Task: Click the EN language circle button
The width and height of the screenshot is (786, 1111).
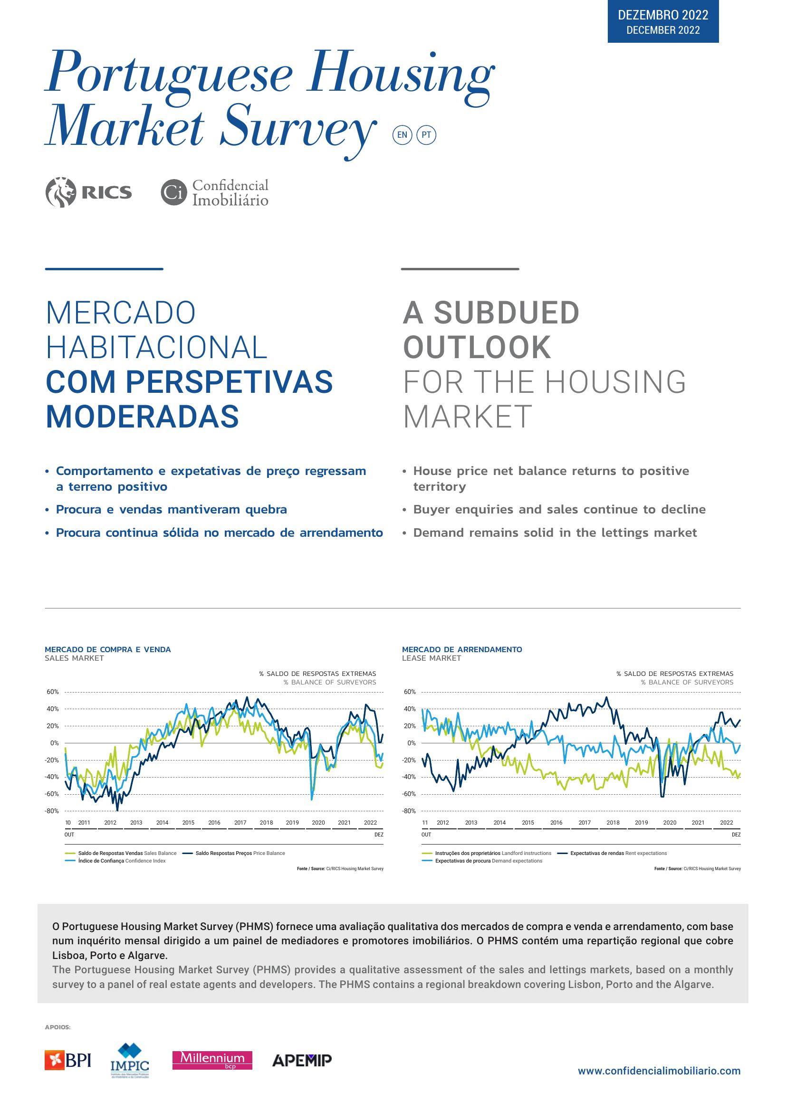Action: click(x=402, y=135)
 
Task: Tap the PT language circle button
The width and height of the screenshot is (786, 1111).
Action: click(x=426, y=135)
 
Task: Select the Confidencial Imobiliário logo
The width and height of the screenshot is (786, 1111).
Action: click(x=215, y=192)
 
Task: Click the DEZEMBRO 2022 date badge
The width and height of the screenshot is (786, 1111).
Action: click(x=662, y=22)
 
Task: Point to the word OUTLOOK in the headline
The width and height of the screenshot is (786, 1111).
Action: click(x=477, y=347)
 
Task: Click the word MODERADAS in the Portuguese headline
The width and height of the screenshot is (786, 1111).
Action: click(x=142, y=417)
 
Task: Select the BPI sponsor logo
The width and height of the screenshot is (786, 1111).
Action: click(x=68, y=1060)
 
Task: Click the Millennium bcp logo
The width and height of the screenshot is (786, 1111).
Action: click(x=212, y=1060)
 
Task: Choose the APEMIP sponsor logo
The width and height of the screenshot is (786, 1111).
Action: click(x=302, y=1060)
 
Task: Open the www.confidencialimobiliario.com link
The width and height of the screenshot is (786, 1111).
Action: click(x=659, y=1071)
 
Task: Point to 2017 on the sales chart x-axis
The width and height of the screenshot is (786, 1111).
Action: click(x=240, y=822)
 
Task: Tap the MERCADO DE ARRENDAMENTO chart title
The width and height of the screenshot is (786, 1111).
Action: click(x=462, y=649)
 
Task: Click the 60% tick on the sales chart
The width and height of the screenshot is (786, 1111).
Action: click(x=53, y=692)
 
